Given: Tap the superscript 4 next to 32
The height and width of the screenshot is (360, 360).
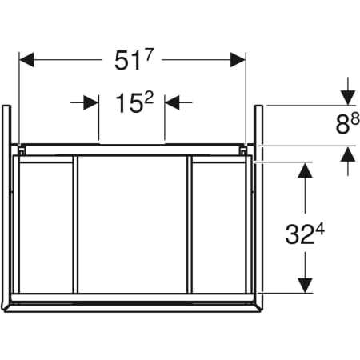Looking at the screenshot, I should pos(319,229).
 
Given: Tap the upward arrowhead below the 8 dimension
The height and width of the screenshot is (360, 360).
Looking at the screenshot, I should pos(347,154).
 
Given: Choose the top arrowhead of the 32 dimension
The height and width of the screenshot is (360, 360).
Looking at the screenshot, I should pos(305,171).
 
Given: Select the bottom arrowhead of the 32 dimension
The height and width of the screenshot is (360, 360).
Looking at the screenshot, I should pos(305,286).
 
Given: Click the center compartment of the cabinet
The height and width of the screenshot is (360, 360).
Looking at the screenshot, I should pos(132,224).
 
